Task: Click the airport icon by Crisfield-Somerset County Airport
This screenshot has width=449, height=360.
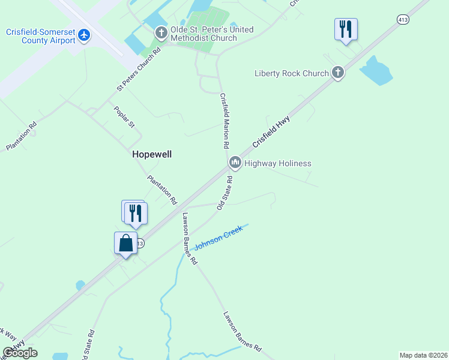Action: [x=83, y=36]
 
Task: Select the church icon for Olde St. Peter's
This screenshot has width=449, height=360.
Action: [x=161, y=33]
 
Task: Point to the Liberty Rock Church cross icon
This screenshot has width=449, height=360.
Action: [x=338, y=73]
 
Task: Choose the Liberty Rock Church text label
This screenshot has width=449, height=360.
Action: [x=292, y=74]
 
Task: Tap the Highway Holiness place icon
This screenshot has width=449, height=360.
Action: [x=235, y=163]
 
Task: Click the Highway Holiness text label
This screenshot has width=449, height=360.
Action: [x=277, y=163]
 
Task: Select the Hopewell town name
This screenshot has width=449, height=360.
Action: [x=152, y=154]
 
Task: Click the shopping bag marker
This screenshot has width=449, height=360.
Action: [x=125, y=244]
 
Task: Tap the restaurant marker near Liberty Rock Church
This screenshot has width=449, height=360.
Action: [x=346, y=29]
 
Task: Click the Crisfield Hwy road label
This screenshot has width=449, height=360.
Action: [x=271, y=133]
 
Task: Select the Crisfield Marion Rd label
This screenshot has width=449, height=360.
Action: [x=224, y=121]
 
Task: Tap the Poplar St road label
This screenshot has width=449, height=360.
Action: [x=125, y=116]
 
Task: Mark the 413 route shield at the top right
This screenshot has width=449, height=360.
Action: [x=403, y=20]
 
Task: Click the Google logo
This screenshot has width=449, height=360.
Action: [x=20, y=353]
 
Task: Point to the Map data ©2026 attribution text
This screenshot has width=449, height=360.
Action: [x=423, y=355]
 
